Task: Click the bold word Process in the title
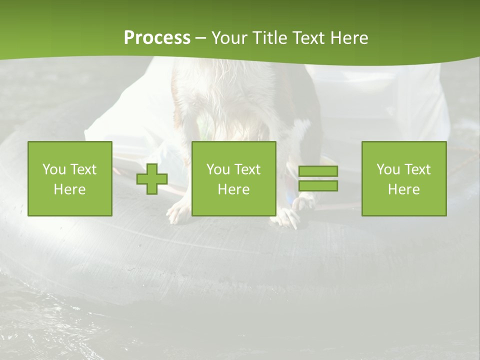tap(157, 38)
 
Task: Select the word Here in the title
tap(349, 38)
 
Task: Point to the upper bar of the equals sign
tap(318, 171)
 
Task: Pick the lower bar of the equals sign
tap(318, 186)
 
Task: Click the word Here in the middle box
tap(234, 189)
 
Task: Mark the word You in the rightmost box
tap(388, 169)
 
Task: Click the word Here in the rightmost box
tap(404, 189)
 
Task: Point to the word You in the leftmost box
tap(54, 169)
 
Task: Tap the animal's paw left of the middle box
tap(179, 212)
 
